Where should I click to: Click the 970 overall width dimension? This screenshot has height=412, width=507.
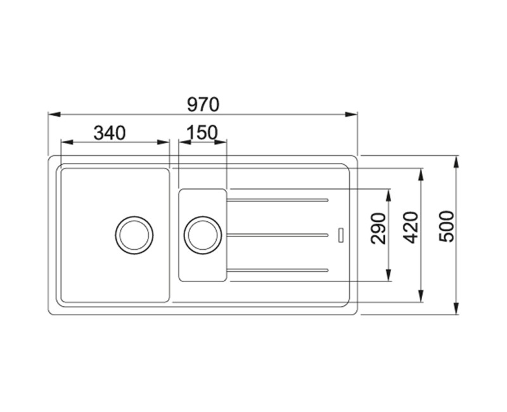pyautogui.click(x=203, y=105)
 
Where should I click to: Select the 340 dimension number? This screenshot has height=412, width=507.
pyautogui.click(x=109, y=133)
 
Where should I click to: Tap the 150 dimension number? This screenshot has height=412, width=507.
pyautogui.click(x=202, y=132)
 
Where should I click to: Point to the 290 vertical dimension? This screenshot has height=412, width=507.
pyautogui.click(x=379, y=228)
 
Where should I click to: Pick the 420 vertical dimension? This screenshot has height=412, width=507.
pyautogui.click(x=411, y=228)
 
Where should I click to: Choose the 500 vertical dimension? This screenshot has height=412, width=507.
pyautogui.click(x=447, y=226)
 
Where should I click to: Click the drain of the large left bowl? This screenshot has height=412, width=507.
pyautogui.click(x=134, y=235)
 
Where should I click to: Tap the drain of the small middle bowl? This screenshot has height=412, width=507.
pyautogui.click(x=203, y=235)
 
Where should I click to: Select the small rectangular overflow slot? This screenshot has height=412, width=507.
pyautogui.click(x=341, y=235)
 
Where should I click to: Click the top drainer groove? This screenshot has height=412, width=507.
pyautogui.click(x=278, y=200)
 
